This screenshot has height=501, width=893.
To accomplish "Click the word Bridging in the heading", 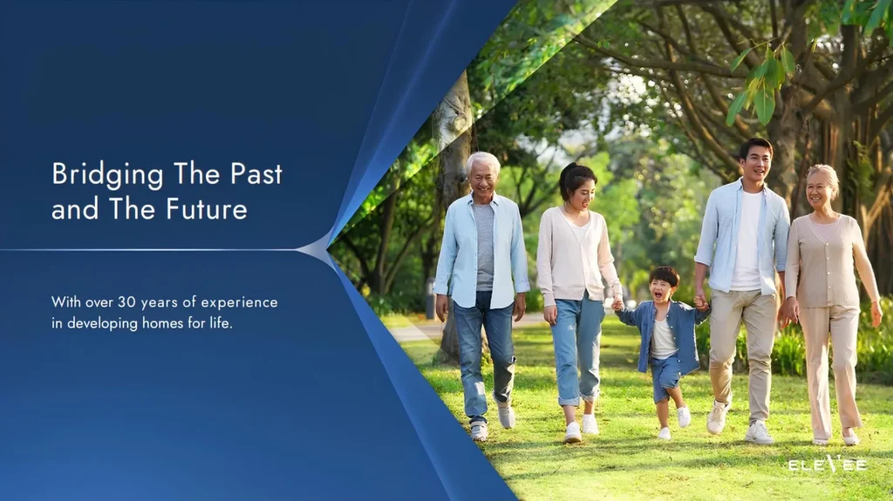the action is [107, 174].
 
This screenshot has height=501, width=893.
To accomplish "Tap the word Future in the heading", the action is [207, 209].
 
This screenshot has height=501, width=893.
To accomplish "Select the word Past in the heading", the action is [256, 173].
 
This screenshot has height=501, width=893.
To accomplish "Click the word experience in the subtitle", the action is [239, 303].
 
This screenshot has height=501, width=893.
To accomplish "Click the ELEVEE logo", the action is [828, 465].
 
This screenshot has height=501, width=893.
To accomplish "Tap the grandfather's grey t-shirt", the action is [484, 246].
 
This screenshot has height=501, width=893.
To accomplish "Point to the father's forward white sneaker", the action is [717, 417].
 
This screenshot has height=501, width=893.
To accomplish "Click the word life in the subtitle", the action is [221, 323].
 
